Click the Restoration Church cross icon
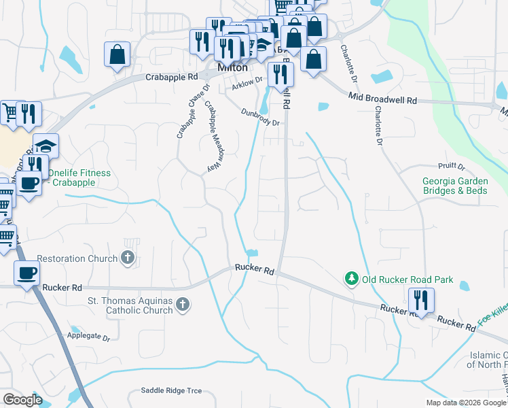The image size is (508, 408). [127, 257]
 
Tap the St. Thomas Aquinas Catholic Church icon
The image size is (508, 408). [181, 305]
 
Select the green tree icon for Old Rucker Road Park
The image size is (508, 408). [351, 279]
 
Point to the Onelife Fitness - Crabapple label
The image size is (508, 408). [79, 178]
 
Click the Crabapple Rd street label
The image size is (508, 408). [171, 78]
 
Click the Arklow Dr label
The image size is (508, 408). [246, 86]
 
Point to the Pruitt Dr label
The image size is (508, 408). [451, 167]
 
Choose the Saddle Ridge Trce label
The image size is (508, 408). [171, 390]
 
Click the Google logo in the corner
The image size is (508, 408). [22, 400]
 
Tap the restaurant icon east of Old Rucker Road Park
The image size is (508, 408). [421, 300]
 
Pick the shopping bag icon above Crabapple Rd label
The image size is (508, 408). [117, 54]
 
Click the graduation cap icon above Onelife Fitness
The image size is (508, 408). [46, 146]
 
